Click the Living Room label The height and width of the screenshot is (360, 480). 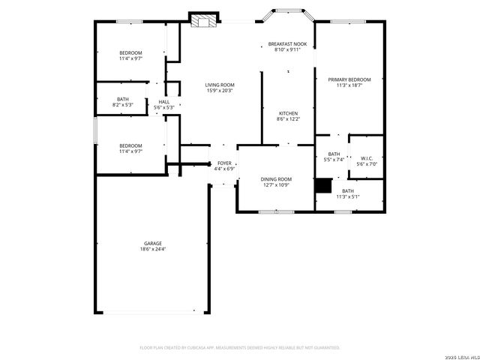pyautogui.click(x=220, y=85)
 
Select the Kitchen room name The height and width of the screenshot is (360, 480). pyautogui.click(x=289, y=113)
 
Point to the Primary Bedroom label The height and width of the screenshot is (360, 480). pyautogui.click(x=349, y=79)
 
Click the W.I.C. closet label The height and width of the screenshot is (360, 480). pyautogui.click(x=367, y=158)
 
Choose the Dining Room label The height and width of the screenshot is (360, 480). pyautogui.click(x=276, y=179)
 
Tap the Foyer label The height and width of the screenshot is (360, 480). pyautogui.click(x=224, y=163)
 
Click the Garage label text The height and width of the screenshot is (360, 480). pyautogui.click(x=153, y=243)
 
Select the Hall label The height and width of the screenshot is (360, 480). pyautogui.click(x=163, y=102)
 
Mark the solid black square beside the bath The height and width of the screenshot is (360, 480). pyautogui.click(x=323, y=185)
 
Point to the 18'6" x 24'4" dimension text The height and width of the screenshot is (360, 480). pyautogui.click(x=153, y=249)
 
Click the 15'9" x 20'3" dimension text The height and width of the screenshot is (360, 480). pyautogui.click(x=220, y=91)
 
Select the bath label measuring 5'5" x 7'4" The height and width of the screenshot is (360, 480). pyautogui.click(x=333, y=154)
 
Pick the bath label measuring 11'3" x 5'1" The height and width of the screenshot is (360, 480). pyautogui.click(x=349, y=191)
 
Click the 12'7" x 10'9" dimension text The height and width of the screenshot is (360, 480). pyautogui.click(x=276, y=185)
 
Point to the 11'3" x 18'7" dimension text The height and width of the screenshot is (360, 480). pyautogui.click(x=349, y=85)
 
